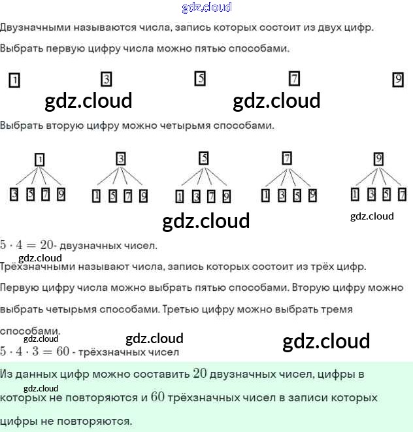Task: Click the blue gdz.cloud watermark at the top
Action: (x=206, y=7)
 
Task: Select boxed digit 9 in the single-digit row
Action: (x=398, y=80)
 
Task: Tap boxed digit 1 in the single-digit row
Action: (x=14, y=80)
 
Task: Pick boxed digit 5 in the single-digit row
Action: (x=200, y=78)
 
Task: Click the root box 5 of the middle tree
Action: (x=204, y=158)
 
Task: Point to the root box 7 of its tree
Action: (x=286, y=158)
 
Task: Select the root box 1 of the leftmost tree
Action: (x=39, y=159)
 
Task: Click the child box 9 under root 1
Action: (x=61, y=194)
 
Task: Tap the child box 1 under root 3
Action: (x=96, y=195)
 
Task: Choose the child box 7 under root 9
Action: (x=402, y=194)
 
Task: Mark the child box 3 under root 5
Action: (x=195, y=196)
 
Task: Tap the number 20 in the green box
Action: (x=200, y=374)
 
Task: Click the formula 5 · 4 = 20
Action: (x=27, y=245)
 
